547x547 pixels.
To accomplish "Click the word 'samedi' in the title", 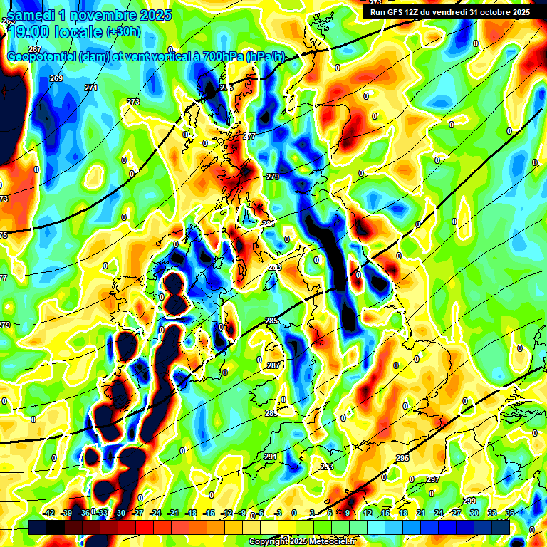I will [x=32, y=15].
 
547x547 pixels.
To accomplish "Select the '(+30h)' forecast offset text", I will [x=123, y=32].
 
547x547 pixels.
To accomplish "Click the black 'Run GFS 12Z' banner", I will [x=449, y=11].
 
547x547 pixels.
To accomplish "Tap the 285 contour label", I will [x=271, y=321].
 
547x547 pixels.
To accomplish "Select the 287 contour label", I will [x=273, y=365].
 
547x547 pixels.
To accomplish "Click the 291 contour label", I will [x=271, y=457].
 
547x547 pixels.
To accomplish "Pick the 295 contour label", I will [x=402, y=458].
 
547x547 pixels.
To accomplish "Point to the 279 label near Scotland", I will [x=273, y=177].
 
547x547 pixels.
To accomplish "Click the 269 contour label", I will [x=56, y=78].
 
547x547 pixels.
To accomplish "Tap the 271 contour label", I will [x=90, y=88].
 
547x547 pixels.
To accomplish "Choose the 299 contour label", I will [x=469, y=501].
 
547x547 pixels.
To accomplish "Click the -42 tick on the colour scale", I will [x=49, y=513].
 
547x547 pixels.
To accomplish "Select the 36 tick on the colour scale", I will [x=509, y=513].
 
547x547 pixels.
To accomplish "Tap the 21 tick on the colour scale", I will [x=421, y=513].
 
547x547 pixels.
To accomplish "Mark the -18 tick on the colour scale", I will [x=191, y=513].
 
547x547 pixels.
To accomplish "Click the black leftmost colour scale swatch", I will [x=38, y=528].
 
